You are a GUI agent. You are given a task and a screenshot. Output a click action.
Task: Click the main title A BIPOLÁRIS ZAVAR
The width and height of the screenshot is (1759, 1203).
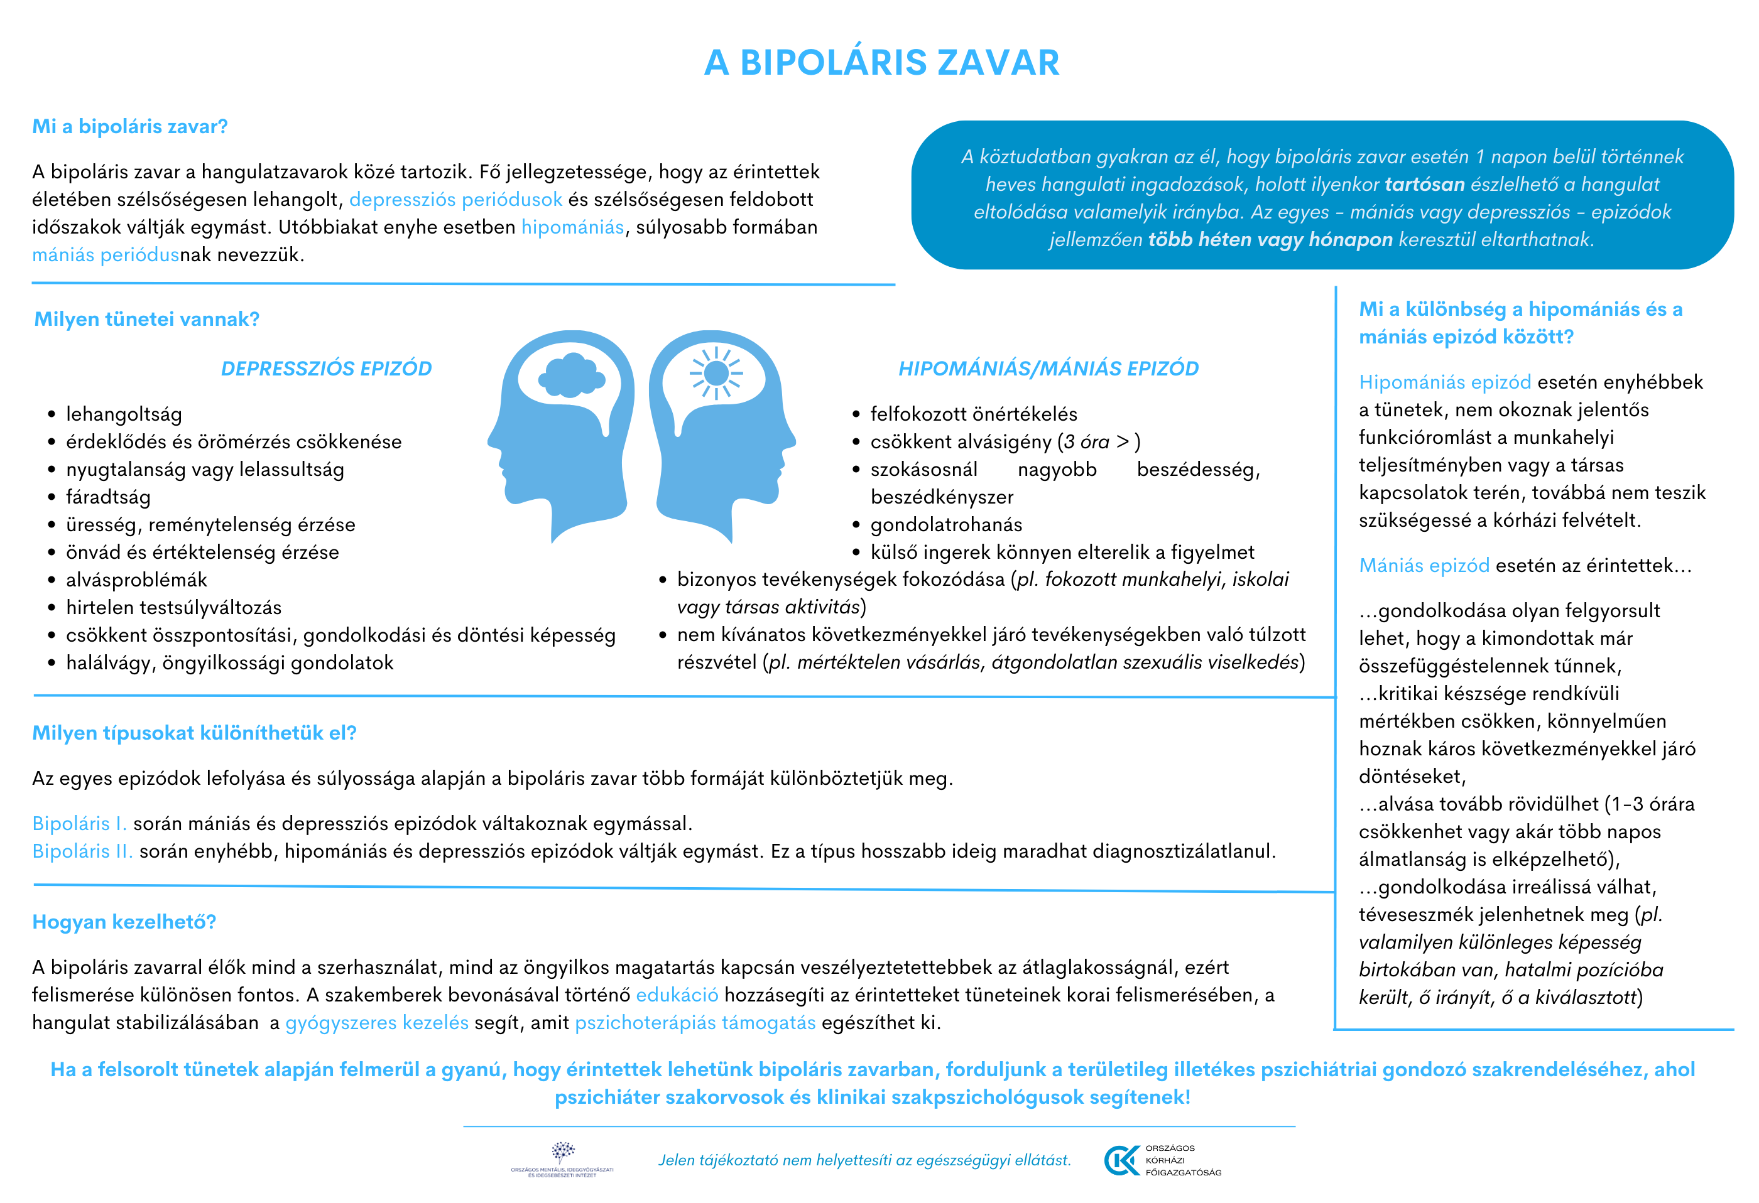(881, 63)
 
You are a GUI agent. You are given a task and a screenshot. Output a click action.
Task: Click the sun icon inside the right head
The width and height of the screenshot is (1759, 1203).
(716, 373)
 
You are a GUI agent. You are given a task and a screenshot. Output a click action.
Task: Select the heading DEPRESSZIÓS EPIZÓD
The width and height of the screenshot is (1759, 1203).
(326, 369)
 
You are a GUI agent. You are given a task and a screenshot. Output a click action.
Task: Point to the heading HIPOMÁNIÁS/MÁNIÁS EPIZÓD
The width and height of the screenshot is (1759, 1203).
(1048, 369)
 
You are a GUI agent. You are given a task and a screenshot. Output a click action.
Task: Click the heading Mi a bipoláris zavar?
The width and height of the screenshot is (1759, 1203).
(129, 126)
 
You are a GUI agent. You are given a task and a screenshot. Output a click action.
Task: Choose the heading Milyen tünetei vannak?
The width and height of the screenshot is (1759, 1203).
(147, 320)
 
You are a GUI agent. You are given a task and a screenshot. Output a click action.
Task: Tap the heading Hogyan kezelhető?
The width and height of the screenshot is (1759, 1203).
(124, 922)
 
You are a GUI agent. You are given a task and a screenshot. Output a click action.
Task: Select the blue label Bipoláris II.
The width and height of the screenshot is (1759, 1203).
(82, 851)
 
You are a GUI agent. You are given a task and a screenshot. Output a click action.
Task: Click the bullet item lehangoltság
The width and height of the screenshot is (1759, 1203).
(124, 414)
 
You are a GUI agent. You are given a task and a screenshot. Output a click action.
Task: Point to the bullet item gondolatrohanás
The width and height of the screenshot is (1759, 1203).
(946, 524)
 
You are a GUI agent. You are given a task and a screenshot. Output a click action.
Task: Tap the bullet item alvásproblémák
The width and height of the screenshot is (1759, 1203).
(136, 580)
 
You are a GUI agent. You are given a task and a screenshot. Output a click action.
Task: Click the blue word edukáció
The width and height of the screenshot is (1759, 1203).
(677, 995)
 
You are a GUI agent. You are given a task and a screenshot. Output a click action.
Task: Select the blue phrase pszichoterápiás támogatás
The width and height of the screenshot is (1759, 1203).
(695, 1023)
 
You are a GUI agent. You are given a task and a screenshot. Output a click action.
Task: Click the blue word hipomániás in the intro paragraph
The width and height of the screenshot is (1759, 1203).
(572, 227)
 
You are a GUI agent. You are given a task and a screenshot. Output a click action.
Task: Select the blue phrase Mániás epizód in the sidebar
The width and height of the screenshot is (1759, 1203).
(1424, 565)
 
